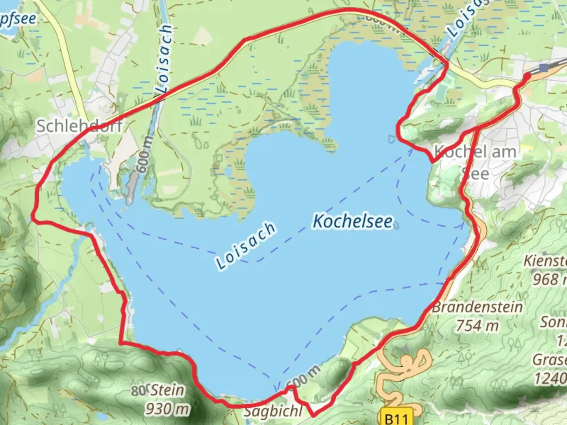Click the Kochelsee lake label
[x=353, y=222]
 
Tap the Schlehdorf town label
[x=79, y=126]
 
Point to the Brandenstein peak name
[x=477, y=307]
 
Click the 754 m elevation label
[x=477, y=325]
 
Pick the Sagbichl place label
[x=273, y=412]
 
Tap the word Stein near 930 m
[x=167, y=390]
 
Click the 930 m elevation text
[x=167, y=409]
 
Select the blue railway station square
[x=544, y=68]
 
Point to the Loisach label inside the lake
[x=245, y=246]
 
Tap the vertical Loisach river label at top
[x=164, y=59]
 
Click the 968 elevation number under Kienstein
[x=546, y=279]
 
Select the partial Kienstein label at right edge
[x=545, y=261]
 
